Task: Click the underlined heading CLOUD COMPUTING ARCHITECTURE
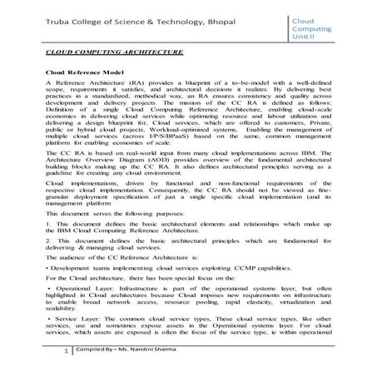[x=102, y=52]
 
